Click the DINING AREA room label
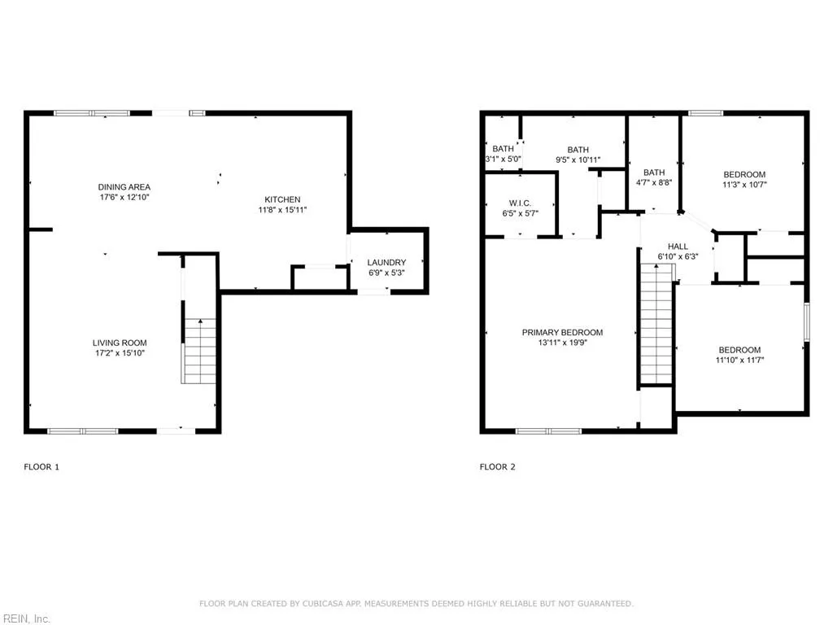124,187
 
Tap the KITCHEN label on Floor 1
282,199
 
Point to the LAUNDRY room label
386,262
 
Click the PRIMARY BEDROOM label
562,332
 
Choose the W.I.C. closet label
520,203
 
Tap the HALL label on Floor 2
678,247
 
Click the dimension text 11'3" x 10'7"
744,185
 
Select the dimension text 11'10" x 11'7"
739,360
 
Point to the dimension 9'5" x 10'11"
578,160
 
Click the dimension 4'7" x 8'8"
654,182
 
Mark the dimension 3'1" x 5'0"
503,159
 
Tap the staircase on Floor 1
199,352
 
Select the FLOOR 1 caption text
41,467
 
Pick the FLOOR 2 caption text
497,467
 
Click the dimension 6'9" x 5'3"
386,273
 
